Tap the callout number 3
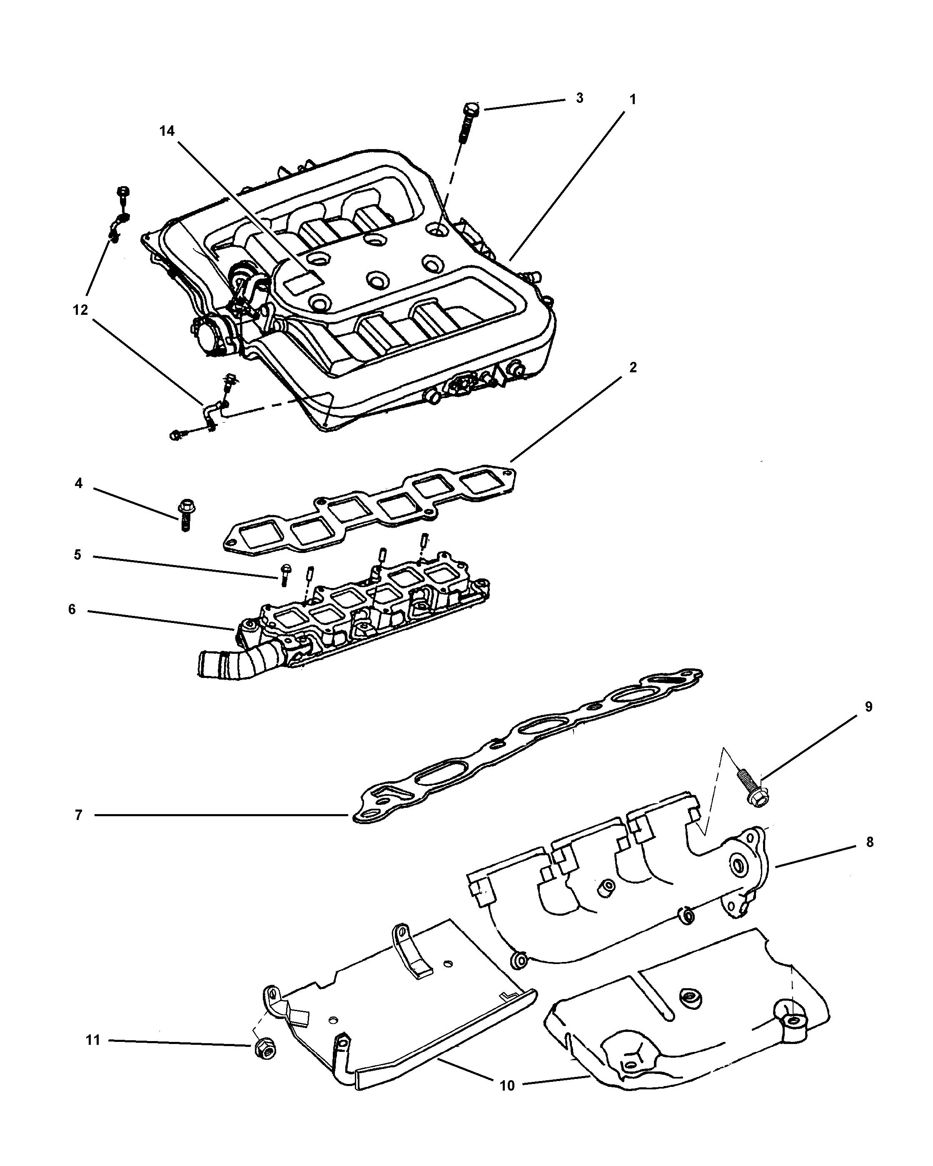click(579, 98)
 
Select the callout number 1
click(632, 100)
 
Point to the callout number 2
click(633, 367)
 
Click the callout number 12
click(80, 310)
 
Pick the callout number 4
click(78, 483)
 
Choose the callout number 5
click(77, 555)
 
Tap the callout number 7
click(78, 815)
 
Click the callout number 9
click(868, 707)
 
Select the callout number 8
click(869, 842)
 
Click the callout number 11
click(93, 1040)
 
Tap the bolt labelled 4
click(185, 514)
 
